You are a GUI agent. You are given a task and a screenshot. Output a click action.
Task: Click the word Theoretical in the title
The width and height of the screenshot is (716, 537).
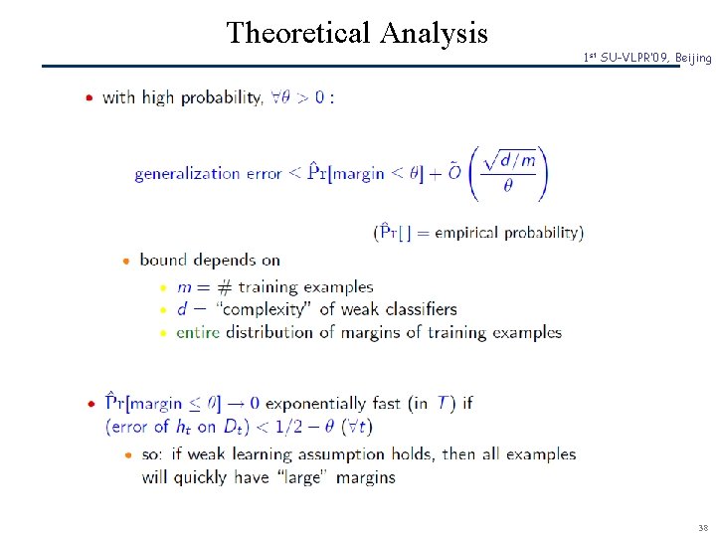click(x=297, y=33)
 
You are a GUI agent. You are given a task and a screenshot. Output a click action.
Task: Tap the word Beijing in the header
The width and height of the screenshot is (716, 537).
click(x=693, y=58)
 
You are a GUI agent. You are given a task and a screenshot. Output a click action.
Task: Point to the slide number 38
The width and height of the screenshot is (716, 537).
click(x=703, y=527)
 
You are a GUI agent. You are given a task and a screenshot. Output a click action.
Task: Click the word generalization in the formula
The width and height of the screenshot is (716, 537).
click(x=189, y=174)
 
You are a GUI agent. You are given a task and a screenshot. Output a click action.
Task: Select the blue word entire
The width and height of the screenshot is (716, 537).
click(x=198, y=332)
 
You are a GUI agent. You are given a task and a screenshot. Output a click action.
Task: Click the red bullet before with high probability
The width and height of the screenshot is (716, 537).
click(x=89, y=97)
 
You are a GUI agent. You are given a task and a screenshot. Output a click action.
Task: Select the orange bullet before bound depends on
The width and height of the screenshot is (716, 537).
click(x=126, y=261)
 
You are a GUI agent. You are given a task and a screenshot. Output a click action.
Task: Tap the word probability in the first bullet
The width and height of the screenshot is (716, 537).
click(x=220, y=97)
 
